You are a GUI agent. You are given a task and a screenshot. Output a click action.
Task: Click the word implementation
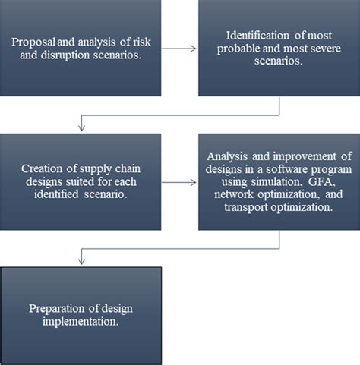pos(78,321)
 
